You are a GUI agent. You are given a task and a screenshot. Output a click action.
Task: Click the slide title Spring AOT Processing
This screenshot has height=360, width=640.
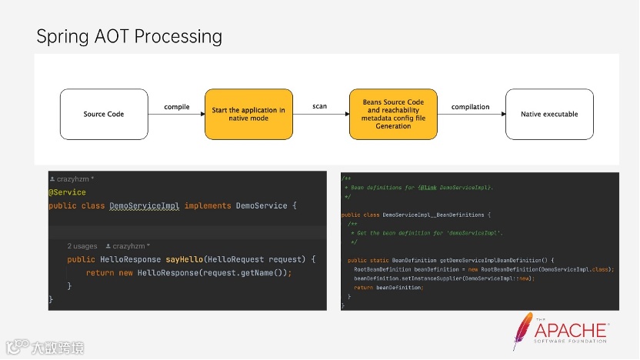(x=129, y=36)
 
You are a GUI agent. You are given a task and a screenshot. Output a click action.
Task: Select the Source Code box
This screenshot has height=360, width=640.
(x=104, y=114)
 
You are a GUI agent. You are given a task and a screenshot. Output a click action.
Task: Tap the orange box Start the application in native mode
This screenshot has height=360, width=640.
(x=248, y=114)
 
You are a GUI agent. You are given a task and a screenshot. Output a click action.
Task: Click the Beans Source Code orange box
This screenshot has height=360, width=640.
(x=393, y=114)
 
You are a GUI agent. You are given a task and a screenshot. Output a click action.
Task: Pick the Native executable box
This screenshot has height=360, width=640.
(x=549, y=114)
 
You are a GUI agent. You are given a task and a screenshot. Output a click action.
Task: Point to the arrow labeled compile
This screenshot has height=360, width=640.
(x=177, y=115)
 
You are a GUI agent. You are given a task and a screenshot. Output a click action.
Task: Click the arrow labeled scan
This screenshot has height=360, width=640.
(x=321, y=115)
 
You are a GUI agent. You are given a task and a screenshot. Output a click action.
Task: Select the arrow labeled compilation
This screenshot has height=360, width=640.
(x=471, y=115)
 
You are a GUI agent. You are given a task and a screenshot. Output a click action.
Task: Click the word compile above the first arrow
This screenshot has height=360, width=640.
(x=177, y=106)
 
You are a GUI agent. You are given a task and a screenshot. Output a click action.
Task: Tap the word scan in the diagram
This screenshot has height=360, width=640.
(x=319, y=105)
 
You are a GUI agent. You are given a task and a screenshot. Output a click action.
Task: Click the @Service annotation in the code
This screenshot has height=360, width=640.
(x=67, y=192)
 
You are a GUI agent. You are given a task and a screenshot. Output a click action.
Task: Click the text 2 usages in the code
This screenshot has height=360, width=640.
(x=82, y=246)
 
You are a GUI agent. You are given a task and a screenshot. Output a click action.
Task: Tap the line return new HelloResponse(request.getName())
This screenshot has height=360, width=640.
(x=189, y=273)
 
